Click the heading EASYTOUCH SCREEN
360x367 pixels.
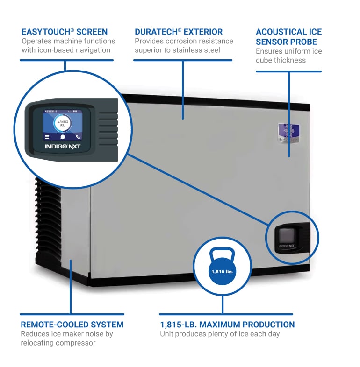[x=65, y=32]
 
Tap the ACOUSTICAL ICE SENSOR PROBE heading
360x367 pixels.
[x=288, y=37]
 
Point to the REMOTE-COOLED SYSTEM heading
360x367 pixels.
[x=72, y=325]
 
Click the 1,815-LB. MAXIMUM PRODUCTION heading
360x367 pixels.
[x=227, y=325]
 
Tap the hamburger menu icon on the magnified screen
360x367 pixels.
[x=47, y=137]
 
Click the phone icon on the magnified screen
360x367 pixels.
[x=78, y=137]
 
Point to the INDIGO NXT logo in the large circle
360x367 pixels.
[x=62, y=147]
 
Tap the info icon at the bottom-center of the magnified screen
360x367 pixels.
[x=62, y=137]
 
